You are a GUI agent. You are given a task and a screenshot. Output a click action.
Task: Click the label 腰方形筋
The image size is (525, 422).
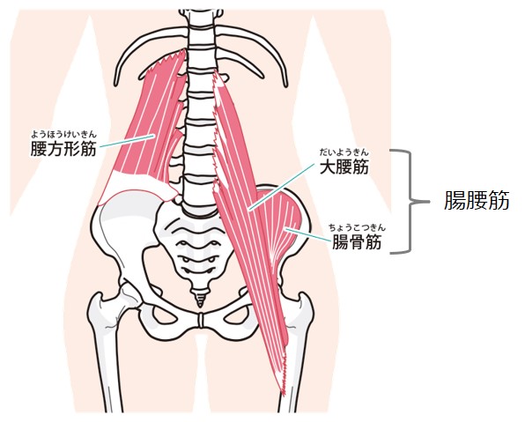coord(63,149)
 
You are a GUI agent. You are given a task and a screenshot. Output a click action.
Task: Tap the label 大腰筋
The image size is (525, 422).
coord(344,167)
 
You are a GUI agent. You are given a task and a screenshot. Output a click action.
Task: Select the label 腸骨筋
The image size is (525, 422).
coord(357,241)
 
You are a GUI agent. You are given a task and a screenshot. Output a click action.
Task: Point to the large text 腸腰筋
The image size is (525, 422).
coord(477,200)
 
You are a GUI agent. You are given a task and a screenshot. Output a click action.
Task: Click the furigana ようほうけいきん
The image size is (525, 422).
coord(63,135)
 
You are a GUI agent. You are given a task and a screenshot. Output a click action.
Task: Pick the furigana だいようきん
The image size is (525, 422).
coord(344,152)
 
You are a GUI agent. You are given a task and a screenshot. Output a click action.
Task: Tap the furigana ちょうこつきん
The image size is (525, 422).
coord(357,228)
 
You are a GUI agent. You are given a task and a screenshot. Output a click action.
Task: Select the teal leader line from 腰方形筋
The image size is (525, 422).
coord(127,141)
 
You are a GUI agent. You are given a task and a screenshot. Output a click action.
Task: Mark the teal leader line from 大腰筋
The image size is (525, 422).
coord(282,187)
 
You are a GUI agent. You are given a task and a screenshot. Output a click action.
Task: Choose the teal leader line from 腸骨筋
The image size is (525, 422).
coord(307,234)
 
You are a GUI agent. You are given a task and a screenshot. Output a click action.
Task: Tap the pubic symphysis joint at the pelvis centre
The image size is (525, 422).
coord(201,321)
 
